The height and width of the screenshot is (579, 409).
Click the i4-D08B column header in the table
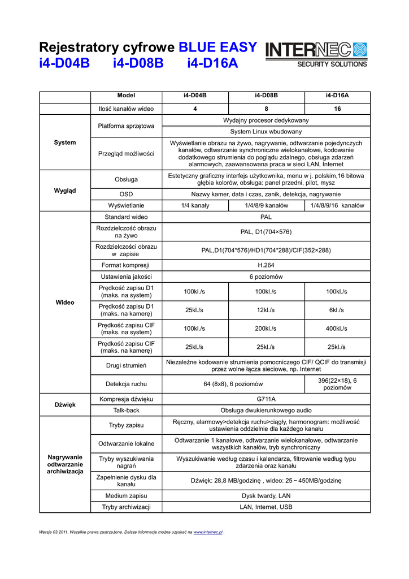(266, 96)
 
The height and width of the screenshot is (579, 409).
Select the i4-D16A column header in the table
(337, 96)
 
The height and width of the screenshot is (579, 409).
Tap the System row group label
(65, 142)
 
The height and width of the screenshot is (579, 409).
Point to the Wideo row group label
(65, 303)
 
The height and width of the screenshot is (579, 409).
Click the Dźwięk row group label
(65, 404)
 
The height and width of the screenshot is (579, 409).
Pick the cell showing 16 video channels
(337, 109)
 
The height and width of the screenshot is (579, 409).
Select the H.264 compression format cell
(266, 265)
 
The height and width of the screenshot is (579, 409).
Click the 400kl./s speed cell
(337, 329)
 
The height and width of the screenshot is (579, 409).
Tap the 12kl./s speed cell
(266, 310)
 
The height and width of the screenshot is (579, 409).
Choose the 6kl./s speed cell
(337, 310)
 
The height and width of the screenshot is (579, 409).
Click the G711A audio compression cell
(266, 399)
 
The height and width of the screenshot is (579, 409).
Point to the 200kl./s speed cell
(266, 329)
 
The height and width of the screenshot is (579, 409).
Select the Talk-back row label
(126, 410)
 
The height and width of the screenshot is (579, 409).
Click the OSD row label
(126, 194)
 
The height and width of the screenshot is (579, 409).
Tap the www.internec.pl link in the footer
(208, 533)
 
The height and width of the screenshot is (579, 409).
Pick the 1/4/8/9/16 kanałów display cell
(337, 205)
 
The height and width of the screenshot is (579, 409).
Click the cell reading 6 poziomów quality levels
(266, 277)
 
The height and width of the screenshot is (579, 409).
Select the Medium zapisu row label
(126, 495)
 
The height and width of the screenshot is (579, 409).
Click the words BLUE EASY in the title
(217, 47)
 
